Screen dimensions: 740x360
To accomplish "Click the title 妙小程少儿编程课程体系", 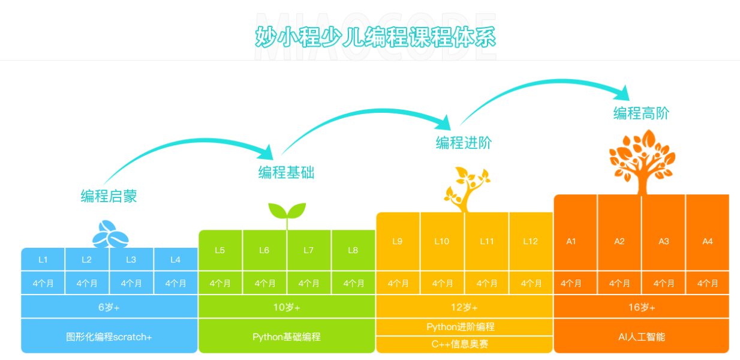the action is [x=375, y=37].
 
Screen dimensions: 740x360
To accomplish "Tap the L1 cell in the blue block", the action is [x=43, y=260].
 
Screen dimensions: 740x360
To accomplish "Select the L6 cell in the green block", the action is [x=264, y=250].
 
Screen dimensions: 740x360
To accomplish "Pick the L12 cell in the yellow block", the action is [x=531, y=241].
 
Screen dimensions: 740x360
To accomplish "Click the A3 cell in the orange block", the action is [x=664, y=241].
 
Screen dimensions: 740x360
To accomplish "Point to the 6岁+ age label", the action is [x=109, y=307].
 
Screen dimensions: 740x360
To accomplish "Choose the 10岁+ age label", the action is [x=287, y=307].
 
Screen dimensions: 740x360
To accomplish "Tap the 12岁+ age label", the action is [x=464, y=307].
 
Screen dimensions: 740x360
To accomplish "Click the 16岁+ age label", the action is [x=642, y=307].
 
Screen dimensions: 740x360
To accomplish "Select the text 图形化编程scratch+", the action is [x=109, y=337].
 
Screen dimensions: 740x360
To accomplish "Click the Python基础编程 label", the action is [x=287, y=337].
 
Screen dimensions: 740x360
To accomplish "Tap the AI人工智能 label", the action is [x=642, y=337].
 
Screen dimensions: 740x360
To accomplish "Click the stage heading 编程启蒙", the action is [x=109, y=196].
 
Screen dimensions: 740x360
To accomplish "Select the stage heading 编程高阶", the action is [x=641, y=113].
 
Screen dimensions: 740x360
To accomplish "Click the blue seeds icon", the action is [x=110, y=234].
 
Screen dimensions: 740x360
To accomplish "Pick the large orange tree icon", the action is [x=642, y=162].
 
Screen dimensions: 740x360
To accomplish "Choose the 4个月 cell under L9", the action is [x=398, y=283].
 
